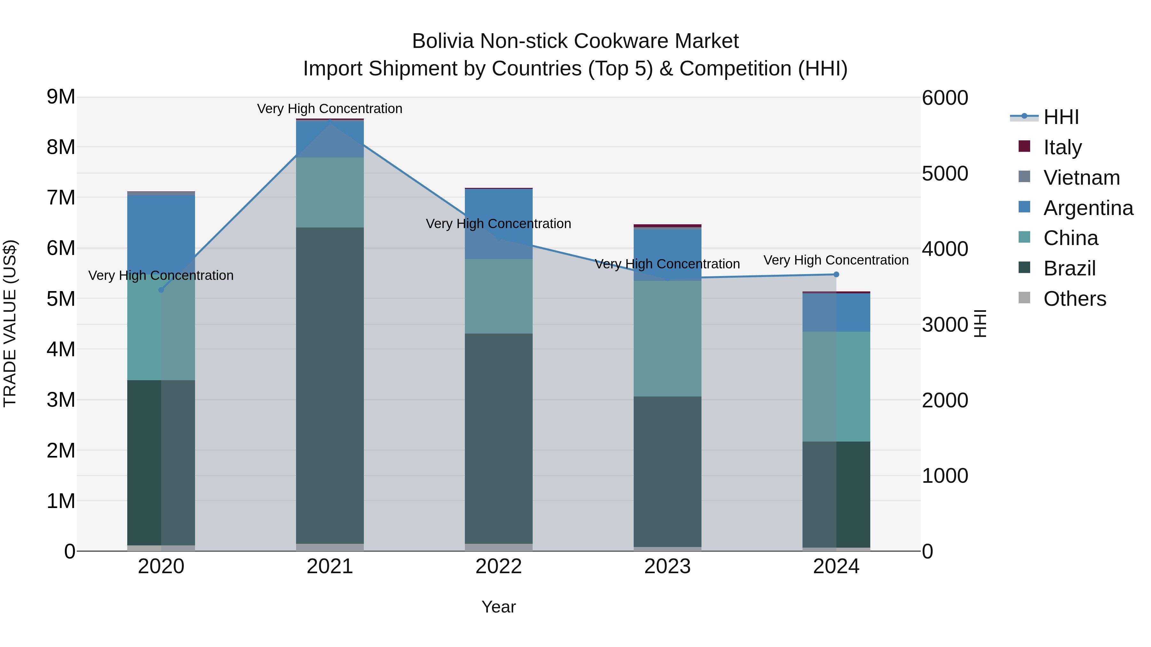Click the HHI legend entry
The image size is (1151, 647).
click(x=1061, y=118)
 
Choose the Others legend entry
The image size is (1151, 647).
click(x=1075, y=299)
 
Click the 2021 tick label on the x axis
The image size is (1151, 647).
click(x=330, y=566)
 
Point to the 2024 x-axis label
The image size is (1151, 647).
click(x=836, y=566)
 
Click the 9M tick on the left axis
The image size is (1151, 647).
click(x=61, y=97)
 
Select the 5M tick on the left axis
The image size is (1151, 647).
click(x=61, y=299)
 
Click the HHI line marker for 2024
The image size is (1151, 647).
click(x=836, y=274)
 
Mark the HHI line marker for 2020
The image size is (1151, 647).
click(x=161, y=290)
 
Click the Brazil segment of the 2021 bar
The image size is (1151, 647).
click(x=330, y=384)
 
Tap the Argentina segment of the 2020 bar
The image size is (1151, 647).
click(x=161, y=232)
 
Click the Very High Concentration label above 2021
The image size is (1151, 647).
click(x=330, y=109)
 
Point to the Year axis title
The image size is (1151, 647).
click(x=499, y=607)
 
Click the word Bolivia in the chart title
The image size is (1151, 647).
click(x=442, y=41)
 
